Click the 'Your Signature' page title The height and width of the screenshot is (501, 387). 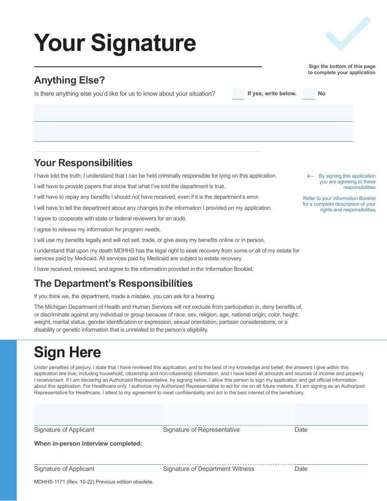pos(115,43)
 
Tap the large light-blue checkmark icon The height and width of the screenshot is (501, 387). pos(347,34)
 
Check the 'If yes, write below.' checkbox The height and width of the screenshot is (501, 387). pos(238,94)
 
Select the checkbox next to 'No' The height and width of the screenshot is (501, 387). pos(309,94)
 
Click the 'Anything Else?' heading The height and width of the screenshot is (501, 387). pos(70,80)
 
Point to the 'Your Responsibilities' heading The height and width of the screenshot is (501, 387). pos(83,163)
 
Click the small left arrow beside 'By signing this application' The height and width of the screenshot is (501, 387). pos(310,176)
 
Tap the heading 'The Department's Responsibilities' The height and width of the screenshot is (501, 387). pos(113,283)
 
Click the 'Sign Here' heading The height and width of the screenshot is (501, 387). pos(68,352)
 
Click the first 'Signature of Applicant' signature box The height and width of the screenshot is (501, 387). pos(99,414)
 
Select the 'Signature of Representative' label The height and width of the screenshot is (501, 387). pos(201,430)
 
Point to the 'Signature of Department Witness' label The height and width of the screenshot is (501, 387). pos(209,469)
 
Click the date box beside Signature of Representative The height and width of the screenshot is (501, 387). pos(331,414)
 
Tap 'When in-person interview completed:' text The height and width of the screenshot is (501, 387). pos(88,444)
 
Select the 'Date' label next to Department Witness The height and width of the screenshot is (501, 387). pos(301,469)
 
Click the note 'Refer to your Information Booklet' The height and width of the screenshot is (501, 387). pos(339,198)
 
